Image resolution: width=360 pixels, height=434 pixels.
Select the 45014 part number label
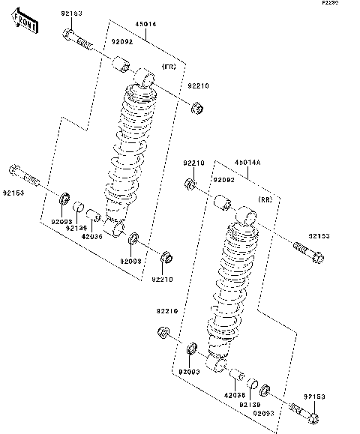click(x=145, y=25)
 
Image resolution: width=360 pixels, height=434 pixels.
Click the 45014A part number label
click(x=247, y=163)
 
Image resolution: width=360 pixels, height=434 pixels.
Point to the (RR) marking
click(x=265, y=200)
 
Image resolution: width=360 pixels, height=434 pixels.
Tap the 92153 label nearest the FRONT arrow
click(x=71, y=14)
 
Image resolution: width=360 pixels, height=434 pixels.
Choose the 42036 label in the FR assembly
click(x=91, y=236)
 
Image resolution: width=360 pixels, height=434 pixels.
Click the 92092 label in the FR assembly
click(x=121, y=43)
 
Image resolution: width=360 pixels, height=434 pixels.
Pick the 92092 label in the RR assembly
click(x=223, y=181)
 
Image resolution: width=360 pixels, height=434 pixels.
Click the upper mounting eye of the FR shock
click(x=143, y=77)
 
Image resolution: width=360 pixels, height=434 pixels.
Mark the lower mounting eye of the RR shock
click(x=220, y=365)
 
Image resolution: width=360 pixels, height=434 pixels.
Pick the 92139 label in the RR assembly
click(x=249, y=405)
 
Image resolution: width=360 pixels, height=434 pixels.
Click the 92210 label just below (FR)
click(x=198, y=86)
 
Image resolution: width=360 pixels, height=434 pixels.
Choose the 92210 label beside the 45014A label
click(x=193, y=163)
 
